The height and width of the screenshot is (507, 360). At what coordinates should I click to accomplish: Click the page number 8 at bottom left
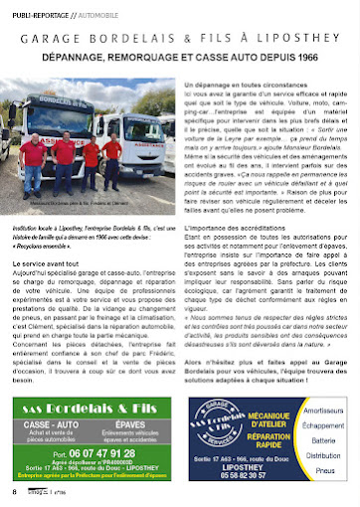tap(14, 492)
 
